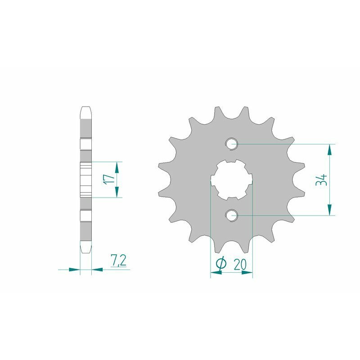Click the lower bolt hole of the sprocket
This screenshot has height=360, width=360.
pyautogui.click(x=232, y=215)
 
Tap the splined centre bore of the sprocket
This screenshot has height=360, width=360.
pyautogui.click(x=232, y=180)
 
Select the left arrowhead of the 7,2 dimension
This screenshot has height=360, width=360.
pyautogui.click(x=74, y=270)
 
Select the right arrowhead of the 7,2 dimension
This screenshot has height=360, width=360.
pyautogui.click(x=98, y=270)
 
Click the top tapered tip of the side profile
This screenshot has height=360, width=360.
pyautogui.click(x=86, y=109)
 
